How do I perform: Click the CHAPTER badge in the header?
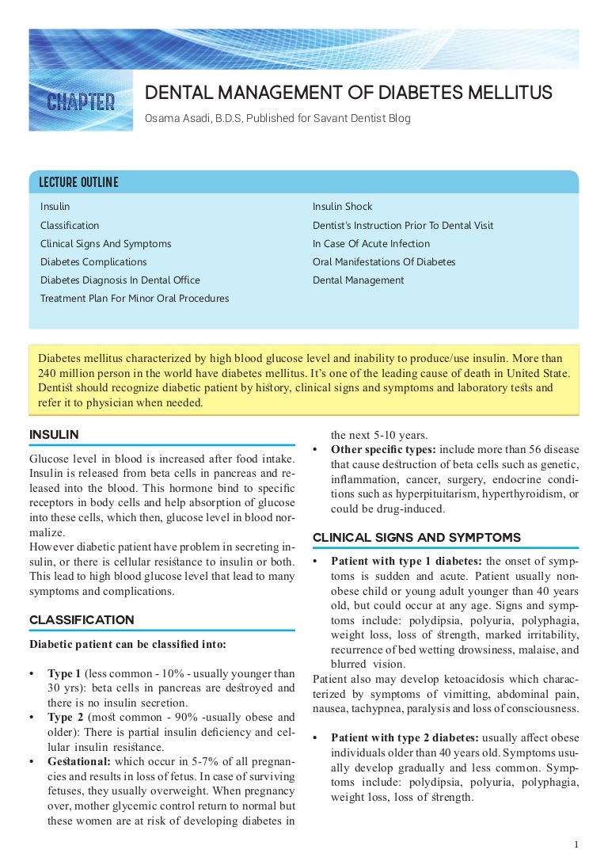pos(81,102)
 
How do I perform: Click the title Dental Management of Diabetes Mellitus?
pos(348,93)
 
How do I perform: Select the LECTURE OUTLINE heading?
pos(79,183)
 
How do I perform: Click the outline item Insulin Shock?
pos(342,207)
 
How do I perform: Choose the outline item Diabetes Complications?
pos(93,262)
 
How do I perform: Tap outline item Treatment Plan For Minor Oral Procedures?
pos(135,299)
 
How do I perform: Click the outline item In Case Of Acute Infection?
pos(371,244)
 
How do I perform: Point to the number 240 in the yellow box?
pos(47,373)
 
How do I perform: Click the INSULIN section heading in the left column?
pos(54,434)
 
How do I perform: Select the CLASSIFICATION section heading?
pos(82,619)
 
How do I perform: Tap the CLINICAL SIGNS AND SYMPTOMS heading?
pos(416,537)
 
